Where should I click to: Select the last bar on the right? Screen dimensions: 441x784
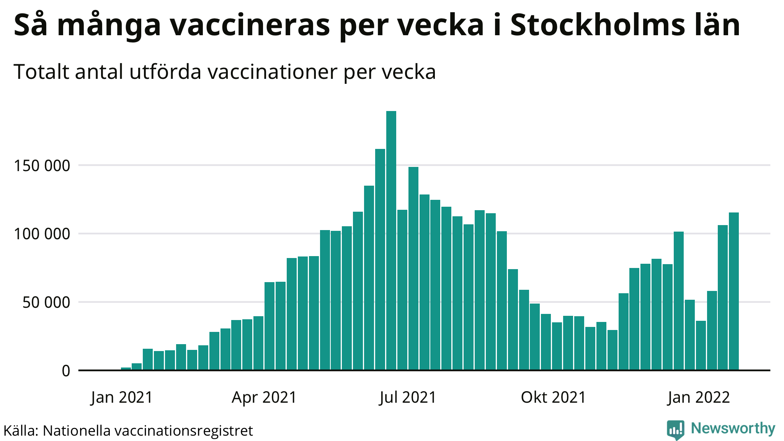(x=733, y=291)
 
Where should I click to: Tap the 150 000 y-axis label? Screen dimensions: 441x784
(x=42, y=166)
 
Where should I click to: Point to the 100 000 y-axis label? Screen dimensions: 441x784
(x=42, y=234)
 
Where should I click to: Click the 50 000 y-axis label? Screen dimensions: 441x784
(x=46, y=302)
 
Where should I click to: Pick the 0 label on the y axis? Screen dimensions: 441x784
(x=66, y=371)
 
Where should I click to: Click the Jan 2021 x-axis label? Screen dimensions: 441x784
(x=122, y=397)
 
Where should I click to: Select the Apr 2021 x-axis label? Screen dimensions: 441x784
(x=264, y=397)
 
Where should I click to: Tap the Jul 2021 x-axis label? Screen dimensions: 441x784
(x=408, y=397)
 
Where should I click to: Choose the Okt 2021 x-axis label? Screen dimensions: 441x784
(x=553, y=397)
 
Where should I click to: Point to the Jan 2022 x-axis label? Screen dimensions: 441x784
(x=699, y=397)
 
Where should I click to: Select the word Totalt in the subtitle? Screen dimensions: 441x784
(x=41, y=72)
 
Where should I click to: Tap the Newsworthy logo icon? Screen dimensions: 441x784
(x=675, y=430)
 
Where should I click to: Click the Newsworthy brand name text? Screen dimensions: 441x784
(x=733, y=428)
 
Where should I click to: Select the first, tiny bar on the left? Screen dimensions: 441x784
(x=126, y=369)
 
